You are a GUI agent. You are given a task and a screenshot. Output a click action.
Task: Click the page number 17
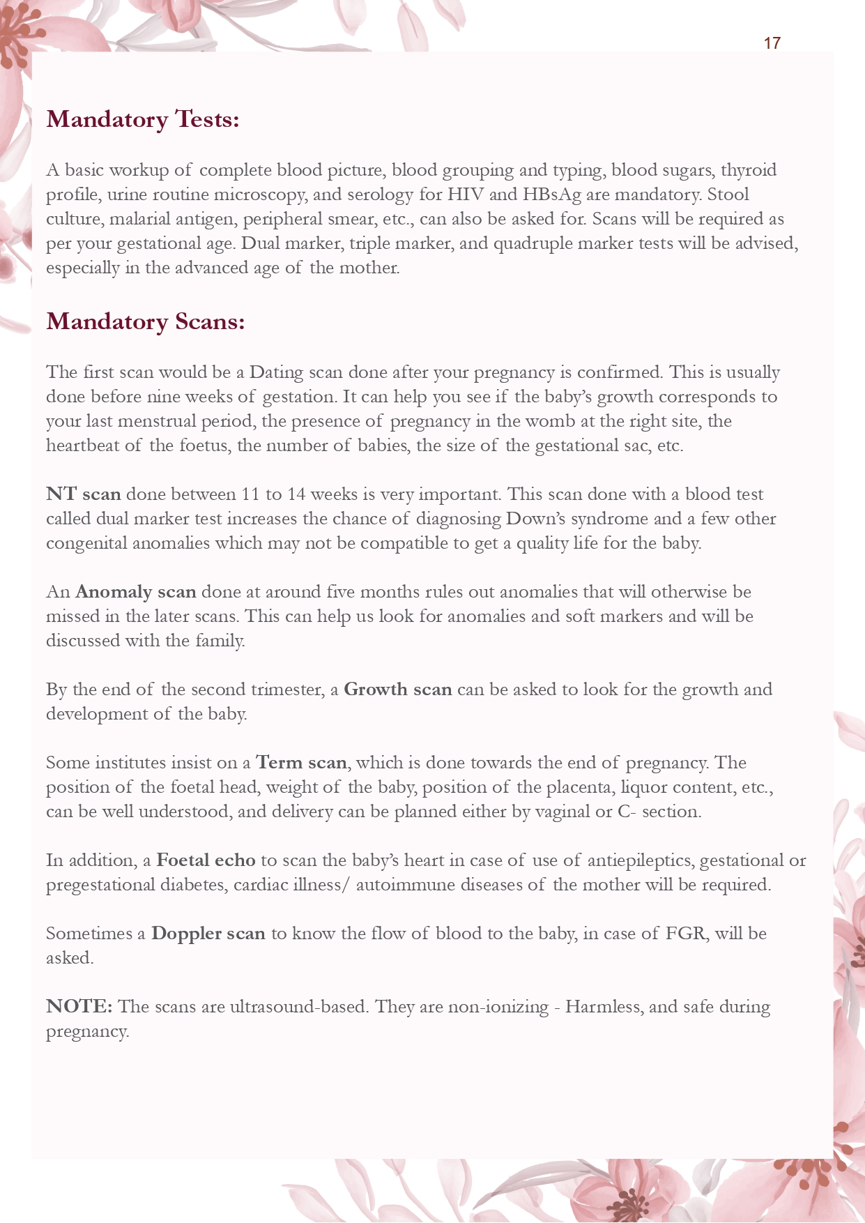772,43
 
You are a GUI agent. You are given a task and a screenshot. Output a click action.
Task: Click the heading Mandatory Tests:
143,119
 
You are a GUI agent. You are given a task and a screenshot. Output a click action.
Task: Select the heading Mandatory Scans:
145,321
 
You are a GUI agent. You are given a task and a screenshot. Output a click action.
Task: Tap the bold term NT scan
84,494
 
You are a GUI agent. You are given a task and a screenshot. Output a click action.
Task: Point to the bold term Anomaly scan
135,592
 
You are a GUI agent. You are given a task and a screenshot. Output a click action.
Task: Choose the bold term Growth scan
398,690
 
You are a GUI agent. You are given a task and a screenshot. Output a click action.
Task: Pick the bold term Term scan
301,763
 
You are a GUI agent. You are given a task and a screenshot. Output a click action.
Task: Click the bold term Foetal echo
206,860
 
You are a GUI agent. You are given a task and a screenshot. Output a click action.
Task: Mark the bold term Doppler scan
208,934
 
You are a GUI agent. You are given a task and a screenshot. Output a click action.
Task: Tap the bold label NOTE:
79,1007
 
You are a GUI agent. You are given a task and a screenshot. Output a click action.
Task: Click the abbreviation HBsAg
551,195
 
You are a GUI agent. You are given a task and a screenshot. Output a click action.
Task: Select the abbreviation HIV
465,195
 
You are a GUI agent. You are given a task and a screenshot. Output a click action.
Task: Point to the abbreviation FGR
684,934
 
